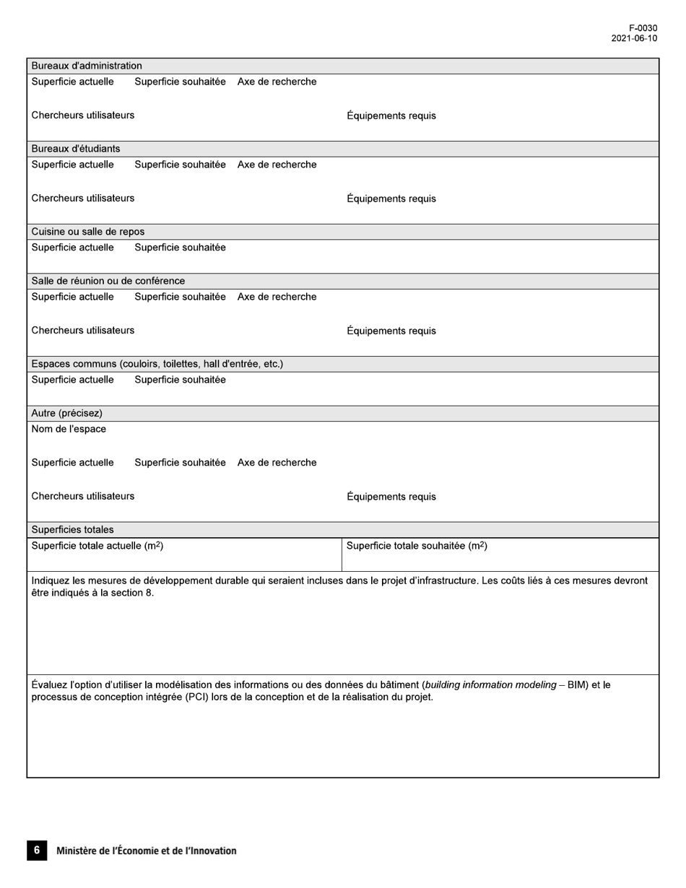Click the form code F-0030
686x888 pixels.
pos(643,28)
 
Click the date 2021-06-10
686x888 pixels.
pos(634,38)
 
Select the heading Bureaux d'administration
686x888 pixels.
pos(87,66)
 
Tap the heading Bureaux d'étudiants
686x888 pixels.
pos(76,149)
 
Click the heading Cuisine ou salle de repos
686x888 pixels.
pos(87,232)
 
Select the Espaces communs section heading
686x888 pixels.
pos(157,364)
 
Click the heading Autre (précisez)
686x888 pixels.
pos(66,413)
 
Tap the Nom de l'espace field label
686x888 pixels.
pos(69,429)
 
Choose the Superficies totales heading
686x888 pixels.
pos(72,529)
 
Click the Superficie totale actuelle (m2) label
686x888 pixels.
pos(97,546)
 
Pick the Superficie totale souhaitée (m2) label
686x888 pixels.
pos(417,546)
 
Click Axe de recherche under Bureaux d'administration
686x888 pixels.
pos(277,82)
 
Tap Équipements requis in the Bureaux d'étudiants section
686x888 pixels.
pos(391,199)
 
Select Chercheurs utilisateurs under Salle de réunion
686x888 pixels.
pos(82,330)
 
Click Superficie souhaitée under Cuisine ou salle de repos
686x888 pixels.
pos(180,248)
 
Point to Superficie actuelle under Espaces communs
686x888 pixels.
pos(72,380)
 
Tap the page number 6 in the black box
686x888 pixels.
pos(37,850)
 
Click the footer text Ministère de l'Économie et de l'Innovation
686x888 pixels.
pos(146,851)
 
